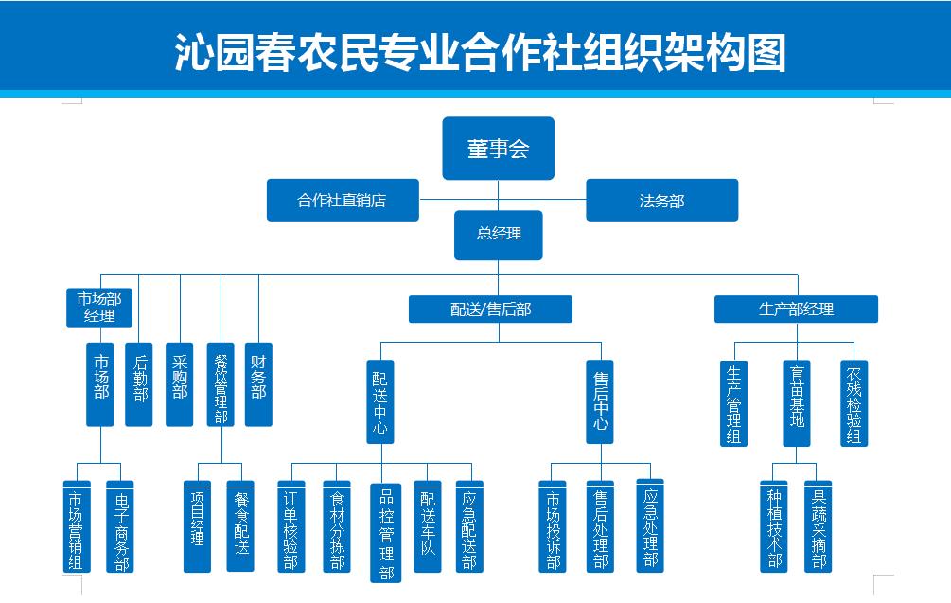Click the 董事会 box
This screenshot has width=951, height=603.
tap(498, 148)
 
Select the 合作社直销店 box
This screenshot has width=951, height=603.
tap(342, 201)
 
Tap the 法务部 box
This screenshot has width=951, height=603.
tap(661, 201)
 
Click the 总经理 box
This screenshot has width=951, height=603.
tap(498, 234)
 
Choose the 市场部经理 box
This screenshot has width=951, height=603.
tap(99, 307)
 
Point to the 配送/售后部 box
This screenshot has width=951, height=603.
tap(490, 309)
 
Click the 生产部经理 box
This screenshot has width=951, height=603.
tap(796, 309)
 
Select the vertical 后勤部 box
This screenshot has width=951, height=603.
tap(139, 383)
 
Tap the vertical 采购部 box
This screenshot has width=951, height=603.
tap(180, 383)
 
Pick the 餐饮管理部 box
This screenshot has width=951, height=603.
tap(220, 383)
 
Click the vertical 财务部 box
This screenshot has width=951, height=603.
tap(258, 383)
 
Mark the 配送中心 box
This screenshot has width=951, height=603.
tap(379, 400)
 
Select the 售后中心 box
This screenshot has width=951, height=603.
tap(600, 400)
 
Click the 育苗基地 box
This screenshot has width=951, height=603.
tap(797, 401)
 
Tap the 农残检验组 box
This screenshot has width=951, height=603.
tap(854, 401)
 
